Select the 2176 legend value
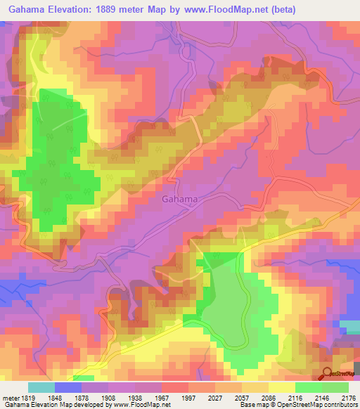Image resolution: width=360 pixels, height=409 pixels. tap(347, 398)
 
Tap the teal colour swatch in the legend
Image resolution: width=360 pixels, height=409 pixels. tap(41, 387)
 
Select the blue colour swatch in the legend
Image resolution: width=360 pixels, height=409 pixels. tap(68, 387)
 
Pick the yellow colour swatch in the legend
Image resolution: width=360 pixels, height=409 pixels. tap(281, 387)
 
